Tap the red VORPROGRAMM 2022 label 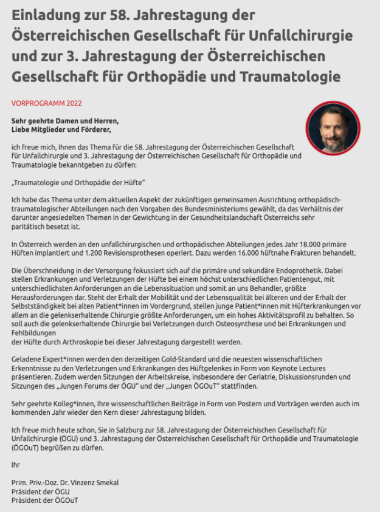tap(47, 103)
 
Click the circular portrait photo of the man tap(333, 129)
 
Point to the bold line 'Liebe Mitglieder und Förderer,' tap(61, 129)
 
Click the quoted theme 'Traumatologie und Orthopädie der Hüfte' tap(78, 182)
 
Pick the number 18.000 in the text tap(280, 245)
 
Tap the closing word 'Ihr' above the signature tap(15, 465)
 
